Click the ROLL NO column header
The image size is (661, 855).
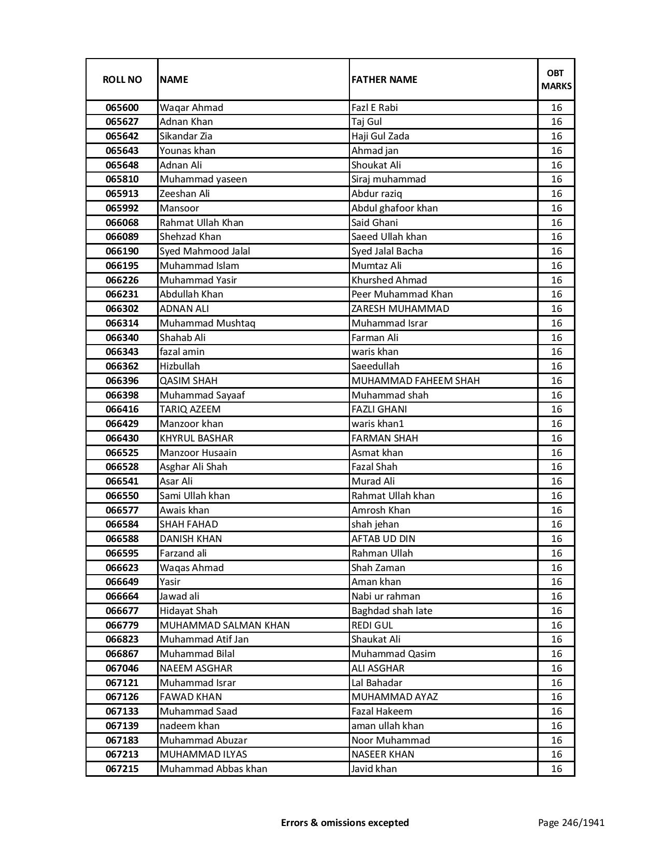[x=122, y=79]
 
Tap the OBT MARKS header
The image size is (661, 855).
[x=556, y=79]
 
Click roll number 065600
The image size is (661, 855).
[x=122, y=108]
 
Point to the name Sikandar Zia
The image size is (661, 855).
[x=186, y=136]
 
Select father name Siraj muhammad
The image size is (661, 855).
[x=388, y=179]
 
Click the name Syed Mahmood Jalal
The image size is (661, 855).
[x=205, y=251]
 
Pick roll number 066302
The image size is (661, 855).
[x=122, y=309]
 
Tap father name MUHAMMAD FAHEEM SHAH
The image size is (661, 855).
[x=415, y=381]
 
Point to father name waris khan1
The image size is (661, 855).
[x=377, y=424]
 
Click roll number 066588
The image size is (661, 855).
[x=122, y=539]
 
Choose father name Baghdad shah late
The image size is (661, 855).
[x=391, y=611]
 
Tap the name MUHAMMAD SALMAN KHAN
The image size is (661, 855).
[x=224, y=625]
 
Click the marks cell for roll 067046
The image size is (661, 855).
[x=556, y=668]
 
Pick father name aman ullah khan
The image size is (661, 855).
[x=387, y=726]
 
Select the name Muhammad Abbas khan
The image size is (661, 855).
[x=213, y=769]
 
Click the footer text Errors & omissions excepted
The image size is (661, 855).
[x=345, y=823]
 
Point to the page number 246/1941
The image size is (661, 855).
[x=571, y=823]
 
